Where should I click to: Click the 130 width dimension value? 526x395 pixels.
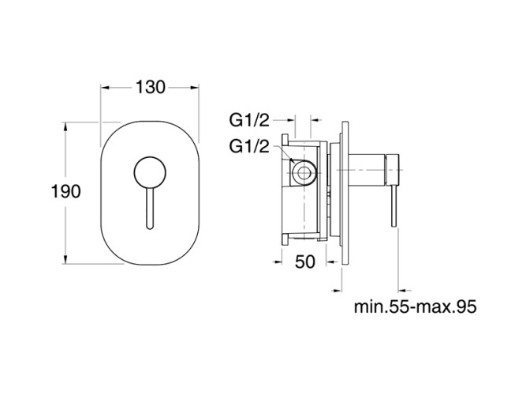point(150,87)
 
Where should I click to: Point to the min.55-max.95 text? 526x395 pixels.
point(416,307)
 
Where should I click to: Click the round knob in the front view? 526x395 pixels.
point(148,171)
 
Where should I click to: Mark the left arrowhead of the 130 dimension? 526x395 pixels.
point(103,87)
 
